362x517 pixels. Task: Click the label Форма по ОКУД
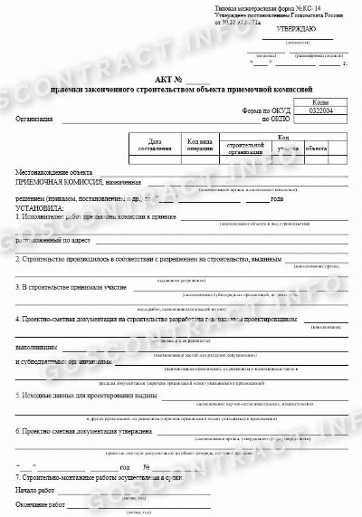(264, 111)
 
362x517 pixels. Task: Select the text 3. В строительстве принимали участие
(71, 288)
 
